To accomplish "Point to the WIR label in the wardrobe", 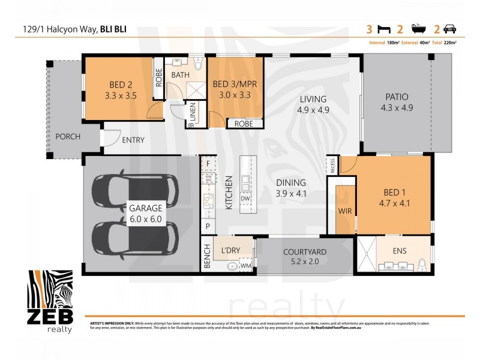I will (344, 211).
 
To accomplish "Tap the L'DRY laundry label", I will (230, 249).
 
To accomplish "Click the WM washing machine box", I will (246, 265).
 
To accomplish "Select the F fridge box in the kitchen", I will (208, 163).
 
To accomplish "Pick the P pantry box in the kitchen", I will (208, 227).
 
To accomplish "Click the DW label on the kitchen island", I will (245, 199).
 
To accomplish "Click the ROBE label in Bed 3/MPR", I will (244, 124).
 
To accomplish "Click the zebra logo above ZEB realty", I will (51, 289).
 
